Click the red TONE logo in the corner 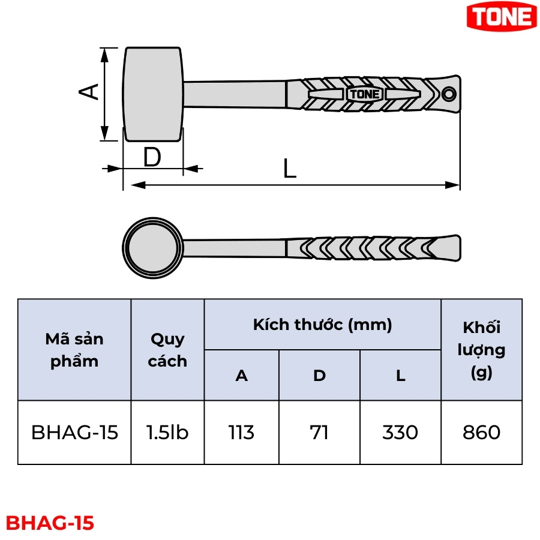coord(502,16)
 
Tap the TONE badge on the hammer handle coord(364,94)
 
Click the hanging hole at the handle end coord(449,94)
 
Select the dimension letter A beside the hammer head coord(89,92)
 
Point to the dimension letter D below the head coord(152,157)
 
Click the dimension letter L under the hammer coord(290,169)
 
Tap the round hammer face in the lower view coord(152,248)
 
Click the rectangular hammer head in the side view coord(153,94)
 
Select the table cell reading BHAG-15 coord(74,432)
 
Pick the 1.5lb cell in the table coord(167,432)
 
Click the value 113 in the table coord(241,432)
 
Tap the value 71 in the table coord(319,432)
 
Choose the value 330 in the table coord(400,432)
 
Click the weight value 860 coord(481,432)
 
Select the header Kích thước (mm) coord(322,325)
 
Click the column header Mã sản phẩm coord(74,350)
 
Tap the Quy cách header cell coord(167,350)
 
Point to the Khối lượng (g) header coord(481,350)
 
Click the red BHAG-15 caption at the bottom coord(50,523)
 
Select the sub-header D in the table coord(319,376)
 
